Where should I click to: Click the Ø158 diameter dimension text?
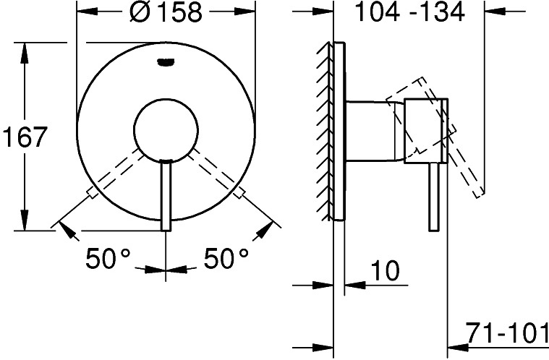[x=166, y=12]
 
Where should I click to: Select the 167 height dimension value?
[x=25, y=137]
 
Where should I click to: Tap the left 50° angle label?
[x=108, y=258]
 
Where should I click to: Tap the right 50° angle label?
[x=226, y=258]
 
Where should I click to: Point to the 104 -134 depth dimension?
[x=409, y=12]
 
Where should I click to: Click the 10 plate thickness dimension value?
[x=385, y=270]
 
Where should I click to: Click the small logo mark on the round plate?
[x=165, y=61]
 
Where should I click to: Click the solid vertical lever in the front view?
[x=166, y=195]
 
